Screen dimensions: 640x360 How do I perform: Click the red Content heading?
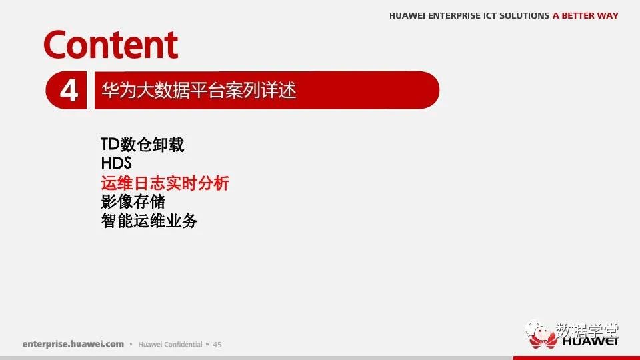tap(111, 45)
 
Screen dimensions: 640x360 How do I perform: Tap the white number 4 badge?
tap(69, 90)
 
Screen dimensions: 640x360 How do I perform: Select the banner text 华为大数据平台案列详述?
tap(199, 90)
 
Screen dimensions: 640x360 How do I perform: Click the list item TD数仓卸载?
tap(142, 145)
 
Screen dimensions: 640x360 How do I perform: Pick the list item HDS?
tap(116, 163)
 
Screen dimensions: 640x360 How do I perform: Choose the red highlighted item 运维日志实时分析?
tap(165, 183)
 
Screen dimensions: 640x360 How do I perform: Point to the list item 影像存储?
tap(133, 201)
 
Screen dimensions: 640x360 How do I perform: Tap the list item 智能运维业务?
tap(149, 221)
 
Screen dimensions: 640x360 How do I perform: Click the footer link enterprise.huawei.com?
tap(73, 344)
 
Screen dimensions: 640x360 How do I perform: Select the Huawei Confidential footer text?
tap(170, 344)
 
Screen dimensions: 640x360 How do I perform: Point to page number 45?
tap(217, 345)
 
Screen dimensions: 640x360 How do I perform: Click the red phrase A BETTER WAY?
tap(585, 15)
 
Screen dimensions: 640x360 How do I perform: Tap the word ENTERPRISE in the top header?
tap(454, 15)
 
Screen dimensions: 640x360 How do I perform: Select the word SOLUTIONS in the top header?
tap(524, 15)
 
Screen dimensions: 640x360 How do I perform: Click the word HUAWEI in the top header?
tap(407, 15)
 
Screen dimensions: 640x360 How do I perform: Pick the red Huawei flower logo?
tap(543, 339)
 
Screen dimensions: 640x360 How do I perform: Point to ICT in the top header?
tap(490, 15)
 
